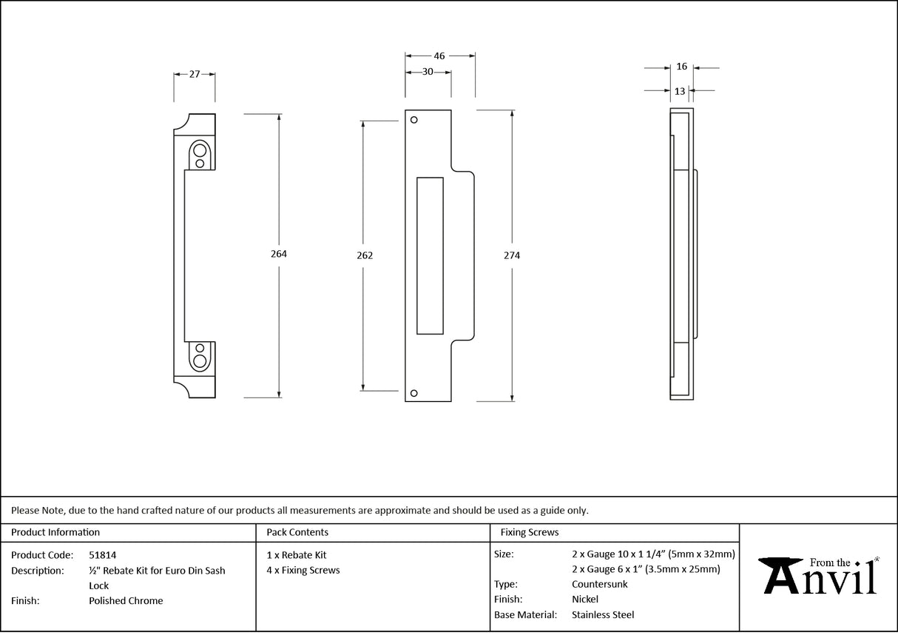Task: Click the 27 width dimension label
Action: pyautogui.click(x=195, y=74)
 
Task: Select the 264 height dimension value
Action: pyautogui.click(x=279, y=254)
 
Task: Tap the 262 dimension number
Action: pyautogui.click(x=364, y=255)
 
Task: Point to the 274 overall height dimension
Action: pyautogui.click(x=512, y=255)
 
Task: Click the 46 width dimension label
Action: pyautogui.click(x=439, y=56)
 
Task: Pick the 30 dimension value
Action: pyautogui.click(x=428, y=72)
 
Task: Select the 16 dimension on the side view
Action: pyautogui.click(x=681, y=67)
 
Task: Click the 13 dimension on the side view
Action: pyautogui.click(x=680, y=91)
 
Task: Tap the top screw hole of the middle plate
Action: pyautogui.click(x=414, y=120)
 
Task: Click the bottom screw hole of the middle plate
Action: pyautogui.click(x=414, y=393)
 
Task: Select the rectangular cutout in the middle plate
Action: pyautogui.click(x=430, y=255)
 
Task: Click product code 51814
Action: pyautogui.click(x=102, y=554)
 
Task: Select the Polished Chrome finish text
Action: pyautogui.click(x=126, y=600)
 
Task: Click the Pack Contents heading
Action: pyautogui.click(x=297, y=532)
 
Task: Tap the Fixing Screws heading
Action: pyautogui.click(x=530, y=532)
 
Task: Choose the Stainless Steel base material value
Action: pyautogui.click(x=603, y=614)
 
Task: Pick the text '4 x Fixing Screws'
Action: pyautogui.click(x=303, y=570)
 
